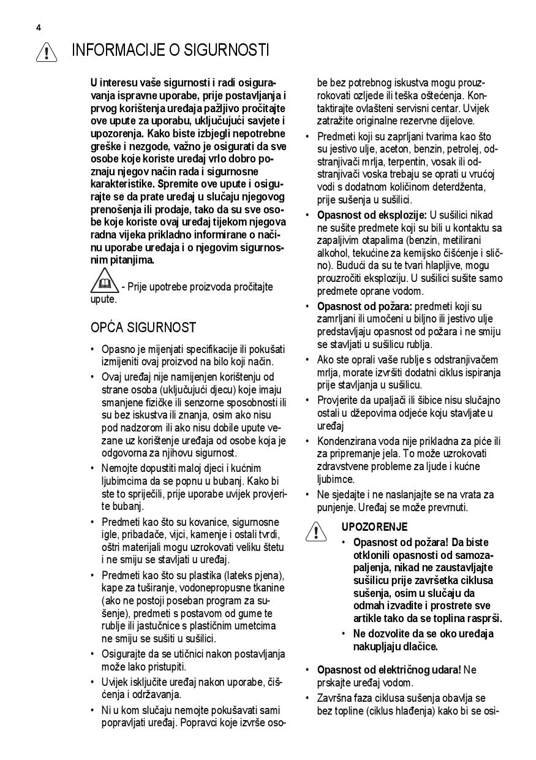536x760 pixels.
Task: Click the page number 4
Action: point(39,28)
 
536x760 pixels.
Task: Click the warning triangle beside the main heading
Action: point(47,52)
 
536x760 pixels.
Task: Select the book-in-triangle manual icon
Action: point(104,281)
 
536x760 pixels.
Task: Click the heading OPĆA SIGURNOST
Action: point(143,327)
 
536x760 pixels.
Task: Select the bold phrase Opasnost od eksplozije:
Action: point(372,215)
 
